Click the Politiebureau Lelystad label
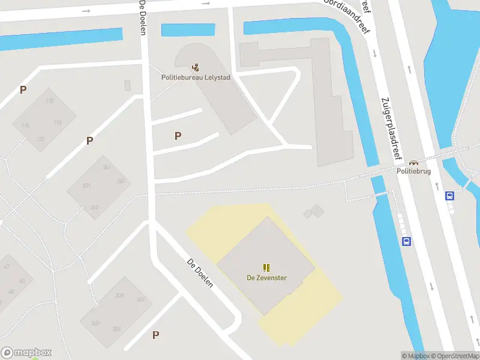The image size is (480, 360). coord(195,77)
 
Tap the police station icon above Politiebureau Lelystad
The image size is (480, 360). coord(196,67)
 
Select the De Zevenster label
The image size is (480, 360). coord(266,277)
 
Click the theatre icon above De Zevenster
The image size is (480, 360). coord(266,268)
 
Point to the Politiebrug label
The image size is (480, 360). coord(413,171)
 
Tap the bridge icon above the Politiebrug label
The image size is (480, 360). coord(413,162)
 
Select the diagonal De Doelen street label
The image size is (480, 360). coord(200,273)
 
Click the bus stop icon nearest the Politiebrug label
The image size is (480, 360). coord(449,196)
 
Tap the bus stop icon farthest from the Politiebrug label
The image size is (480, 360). coord(406,242)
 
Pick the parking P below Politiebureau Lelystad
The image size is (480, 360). coord(178,136)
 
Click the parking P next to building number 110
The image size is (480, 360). coord(23,90)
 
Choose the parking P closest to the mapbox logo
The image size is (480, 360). coord(155,335)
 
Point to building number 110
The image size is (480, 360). coord(49,101)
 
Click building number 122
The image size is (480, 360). coord(40,139)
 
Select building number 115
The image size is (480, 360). coord(25,125)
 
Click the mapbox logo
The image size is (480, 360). coord(26,353)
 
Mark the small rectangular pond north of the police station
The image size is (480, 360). coord(188,29)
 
